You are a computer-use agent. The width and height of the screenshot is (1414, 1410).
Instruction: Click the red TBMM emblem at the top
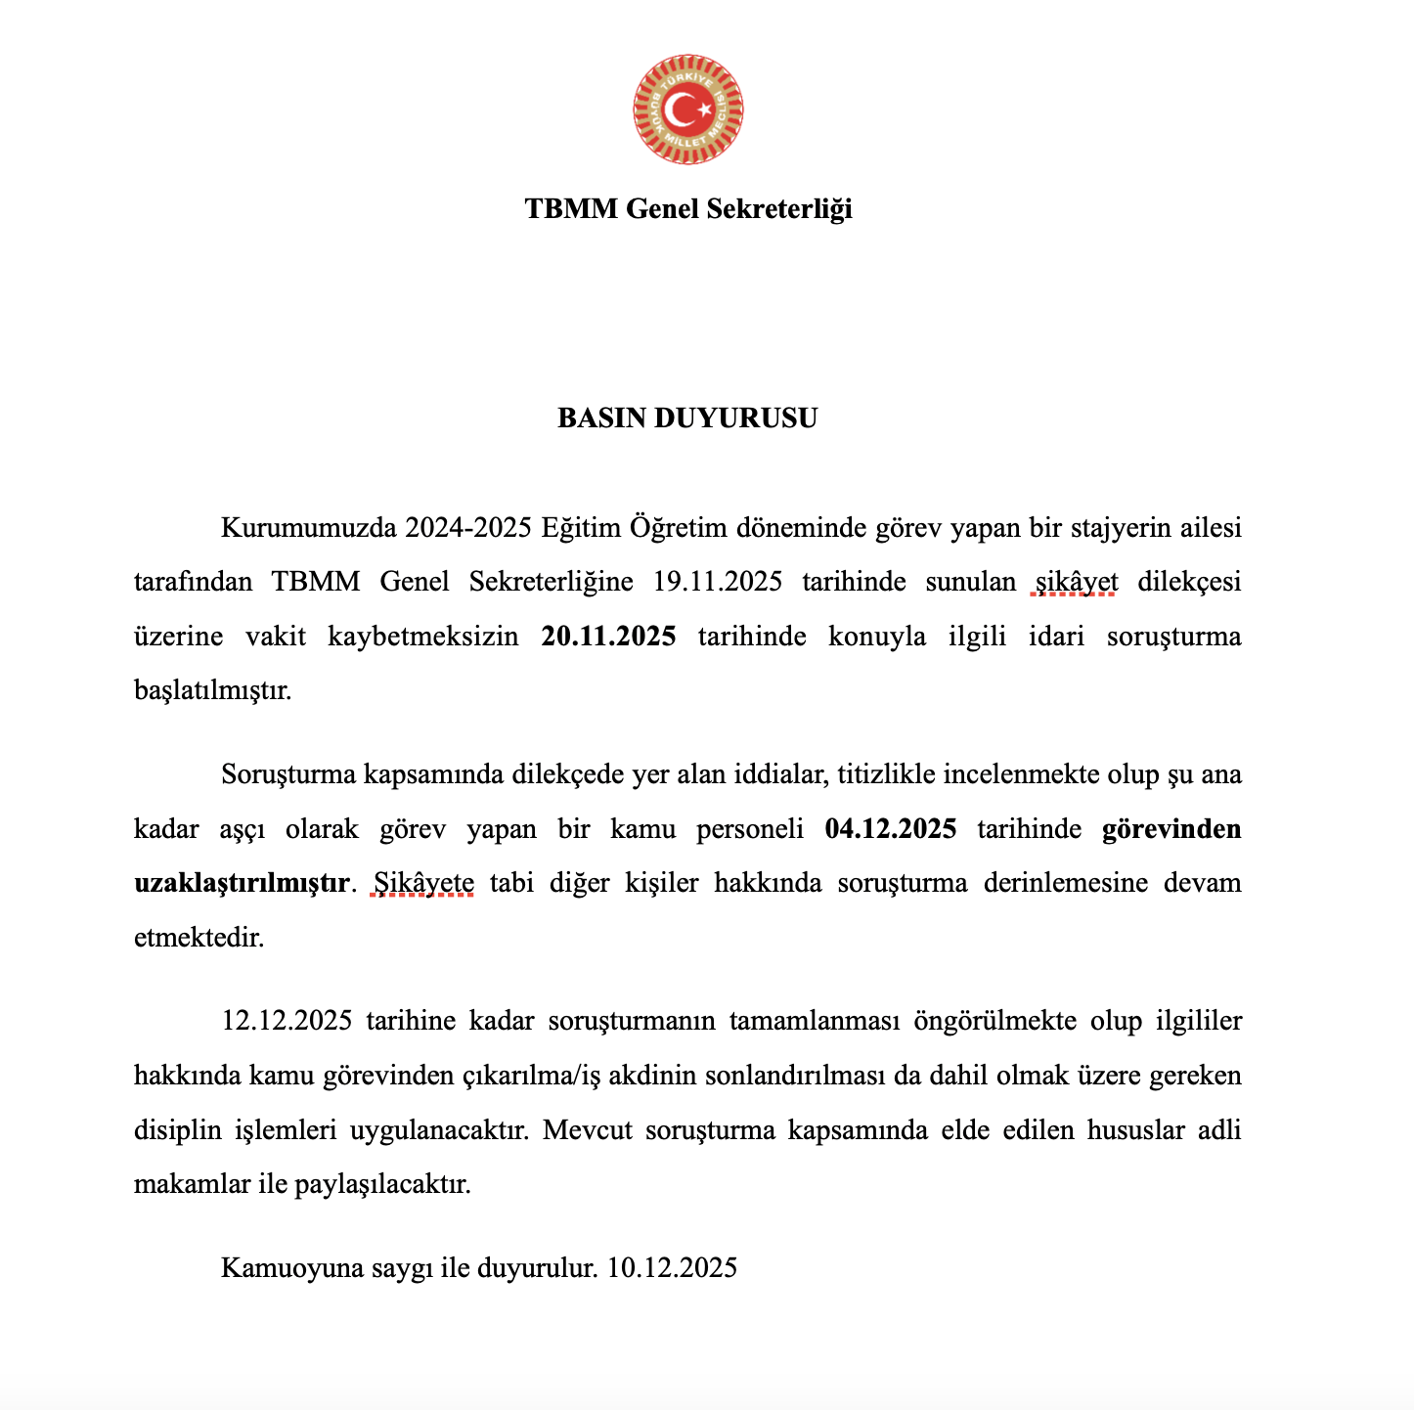(x=687, y=109)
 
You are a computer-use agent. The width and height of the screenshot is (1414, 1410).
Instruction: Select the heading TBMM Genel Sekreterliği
(x=687, y=208)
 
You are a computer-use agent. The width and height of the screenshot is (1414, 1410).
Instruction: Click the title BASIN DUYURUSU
(x=687, y=419)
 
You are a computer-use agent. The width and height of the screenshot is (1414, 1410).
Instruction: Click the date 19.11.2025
(x=718, y=582)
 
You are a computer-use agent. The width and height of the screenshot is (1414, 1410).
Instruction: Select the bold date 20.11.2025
(x=608, y=637)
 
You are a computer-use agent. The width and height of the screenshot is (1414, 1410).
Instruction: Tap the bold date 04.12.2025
(x=891, y=829)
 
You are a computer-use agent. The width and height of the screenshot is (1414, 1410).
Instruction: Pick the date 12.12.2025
(x=287, y=1022)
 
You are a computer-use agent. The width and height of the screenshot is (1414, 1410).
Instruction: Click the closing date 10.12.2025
(x=672, y=1268)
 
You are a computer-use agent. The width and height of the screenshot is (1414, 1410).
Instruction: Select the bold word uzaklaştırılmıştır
(x=242, y=883)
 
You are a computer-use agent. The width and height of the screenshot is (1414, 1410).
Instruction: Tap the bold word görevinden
(x=1171, y=829)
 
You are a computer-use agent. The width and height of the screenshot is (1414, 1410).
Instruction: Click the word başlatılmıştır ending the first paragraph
(x=212, y=690)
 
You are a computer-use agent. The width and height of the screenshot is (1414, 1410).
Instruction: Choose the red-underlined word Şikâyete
(x=424, y=883)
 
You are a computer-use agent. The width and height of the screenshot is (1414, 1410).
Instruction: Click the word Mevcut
(x=588, y=1130)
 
